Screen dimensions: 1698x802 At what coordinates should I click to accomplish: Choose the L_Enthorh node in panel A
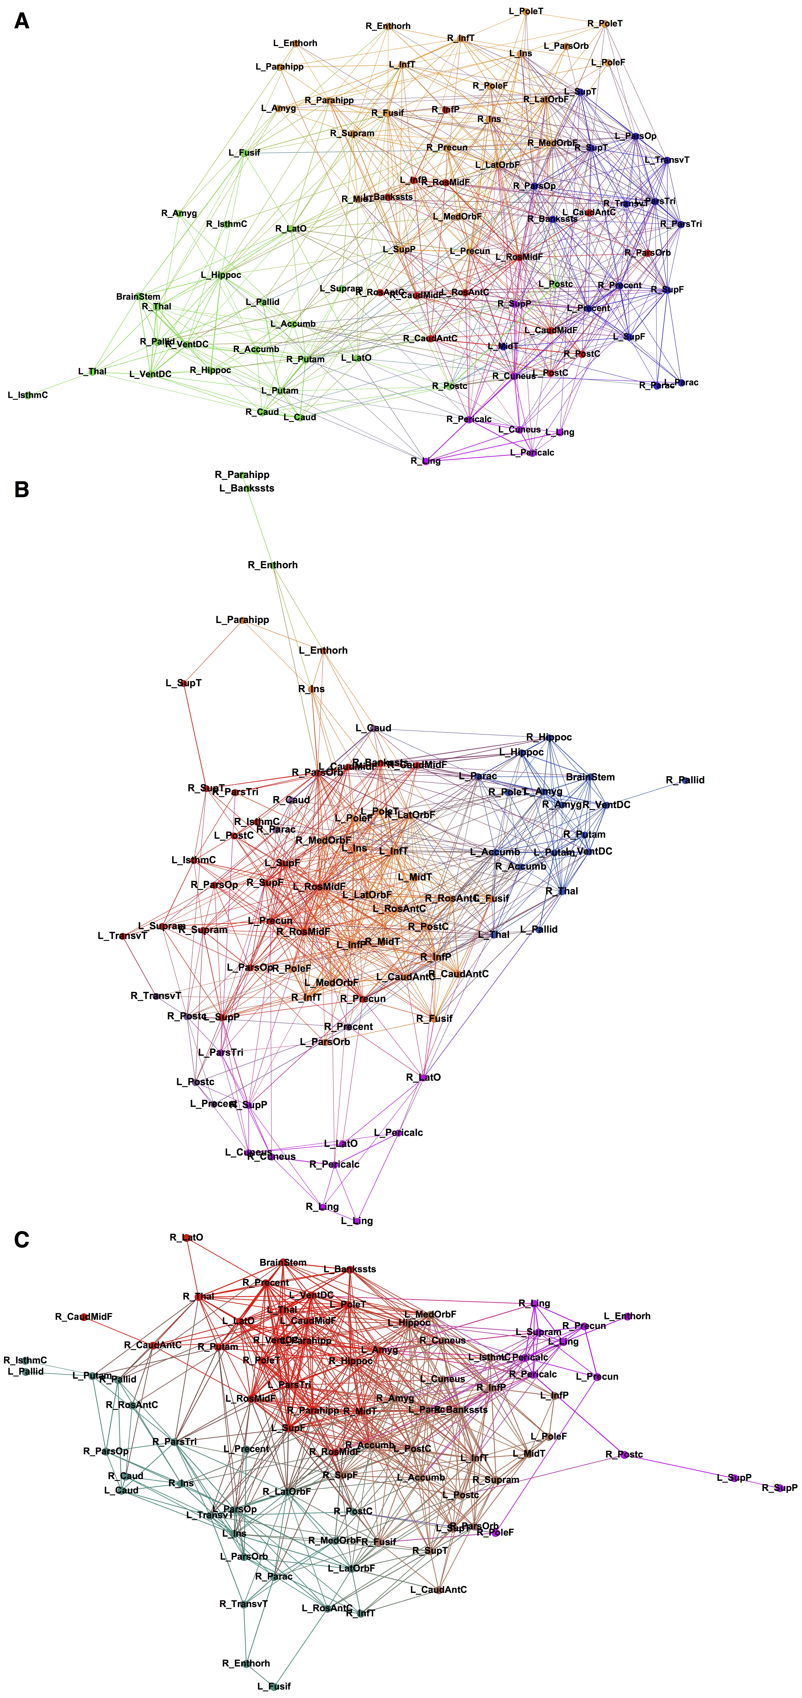coord(295,44)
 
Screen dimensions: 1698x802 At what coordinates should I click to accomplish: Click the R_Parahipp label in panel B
coord(242,475)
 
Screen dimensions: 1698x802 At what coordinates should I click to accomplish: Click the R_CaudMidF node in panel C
coord(84,1316)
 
